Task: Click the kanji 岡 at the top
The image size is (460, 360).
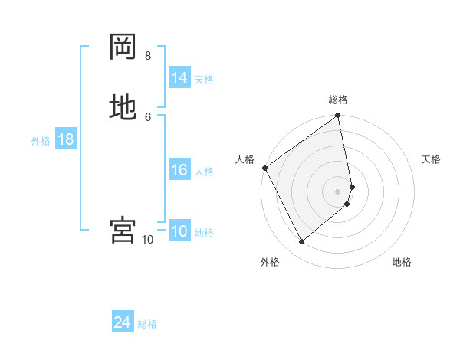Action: (123, 47)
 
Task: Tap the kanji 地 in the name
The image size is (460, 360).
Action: (123, 106)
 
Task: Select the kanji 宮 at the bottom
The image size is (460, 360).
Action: (123, 230)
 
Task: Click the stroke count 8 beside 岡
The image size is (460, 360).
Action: (147, 56)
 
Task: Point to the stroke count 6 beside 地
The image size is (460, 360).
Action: (147, 116)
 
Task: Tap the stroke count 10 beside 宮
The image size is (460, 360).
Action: (147, 240)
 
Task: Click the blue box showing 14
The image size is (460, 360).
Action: (179, 78)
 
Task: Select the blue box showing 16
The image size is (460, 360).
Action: (179, 170)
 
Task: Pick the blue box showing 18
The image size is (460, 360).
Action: (65, 139)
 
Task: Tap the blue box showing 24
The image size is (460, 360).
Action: (123, 323)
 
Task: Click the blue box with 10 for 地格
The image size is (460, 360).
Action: (179, 231)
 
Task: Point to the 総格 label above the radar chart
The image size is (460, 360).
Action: (338, 100)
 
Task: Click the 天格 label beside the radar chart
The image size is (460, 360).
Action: (431, 159)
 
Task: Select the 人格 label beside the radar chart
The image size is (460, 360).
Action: (245, 159)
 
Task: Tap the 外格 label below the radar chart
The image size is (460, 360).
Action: (270, 262)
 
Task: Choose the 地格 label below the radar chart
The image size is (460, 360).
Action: (402, 262)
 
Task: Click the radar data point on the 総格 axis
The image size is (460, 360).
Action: (338, 116)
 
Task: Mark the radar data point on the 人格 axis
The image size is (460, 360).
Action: (264, 168)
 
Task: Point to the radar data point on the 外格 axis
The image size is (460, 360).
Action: (301, 242)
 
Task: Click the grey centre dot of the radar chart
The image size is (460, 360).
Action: (338, 191)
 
